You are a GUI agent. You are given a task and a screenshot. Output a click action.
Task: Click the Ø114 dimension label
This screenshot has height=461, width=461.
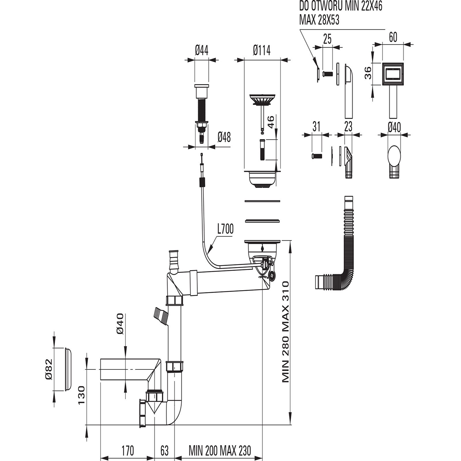262,51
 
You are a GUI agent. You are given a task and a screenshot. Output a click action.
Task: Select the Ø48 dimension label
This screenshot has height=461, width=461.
224,137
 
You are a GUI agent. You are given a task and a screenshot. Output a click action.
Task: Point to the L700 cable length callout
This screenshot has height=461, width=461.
225,229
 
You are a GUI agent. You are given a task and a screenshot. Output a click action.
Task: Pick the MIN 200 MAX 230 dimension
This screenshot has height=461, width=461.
220,450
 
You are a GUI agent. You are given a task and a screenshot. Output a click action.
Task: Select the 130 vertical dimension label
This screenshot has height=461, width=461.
82,395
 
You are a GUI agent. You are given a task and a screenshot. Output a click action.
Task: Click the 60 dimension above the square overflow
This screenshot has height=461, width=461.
393,37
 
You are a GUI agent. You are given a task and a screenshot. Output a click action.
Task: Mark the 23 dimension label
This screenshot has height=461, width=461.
348,126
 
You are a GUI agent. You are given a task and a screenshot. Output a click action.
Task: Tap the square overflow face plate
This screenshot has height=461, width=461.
392,74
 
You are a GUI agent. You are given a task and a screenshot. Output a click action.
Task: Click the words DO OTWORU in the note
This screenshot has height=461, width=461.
320,6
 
